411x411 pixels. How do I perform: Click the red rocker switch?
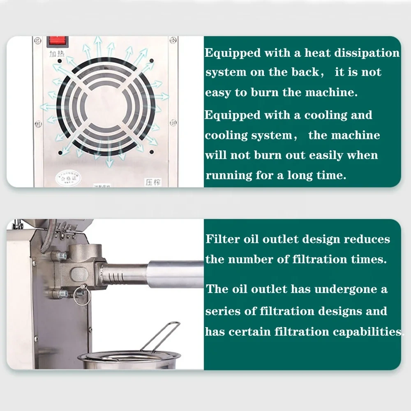coord(58,42)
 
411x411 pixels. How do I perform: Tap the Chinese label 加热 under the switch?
coord(57,54)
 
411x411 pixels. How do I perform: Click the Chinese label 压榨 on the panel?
coord(152,182)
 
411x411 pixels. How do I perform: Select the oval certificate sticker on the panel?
coord(68,178)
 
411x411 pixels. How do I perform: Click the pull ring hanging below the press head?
coord(82,296)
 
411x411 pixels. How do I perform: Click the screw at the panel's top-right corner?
coord(173,40)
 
